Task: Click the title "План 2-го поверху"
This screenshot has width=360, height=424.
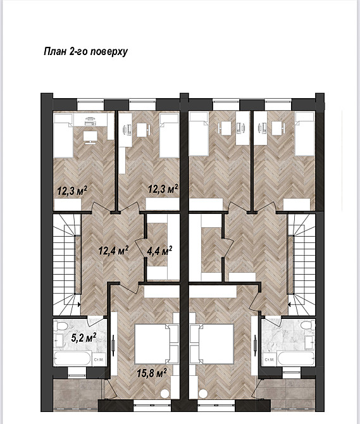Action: point(85,51)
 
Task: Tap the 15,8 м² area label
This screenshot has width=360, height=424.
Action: point(152,373)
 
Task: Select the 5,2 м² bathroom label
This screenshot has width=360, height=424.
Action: point(84,337)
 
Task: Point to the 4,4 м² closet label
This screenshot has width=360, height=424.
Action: point(159,251)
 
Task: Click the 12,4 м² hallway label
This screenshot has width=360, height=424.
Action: point(113,250)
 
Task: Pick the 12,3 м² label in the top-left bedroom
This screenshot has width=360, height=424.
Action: point(72,190)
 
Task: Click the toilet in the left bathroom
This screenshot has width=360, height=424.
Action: point(59,326)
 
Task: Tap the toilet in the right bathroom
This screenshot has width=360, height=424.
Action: point(308,325)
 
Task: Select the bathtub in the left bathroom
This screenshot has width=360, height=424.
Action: point(72,358)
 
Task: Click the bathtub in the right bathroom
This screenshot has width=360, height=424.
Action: point(295,359)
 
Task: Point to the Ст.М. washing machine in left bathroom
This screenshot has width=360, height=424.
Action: point(99,359)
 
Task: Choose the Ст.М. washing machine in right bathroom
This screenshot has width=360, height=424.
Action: point(270,359)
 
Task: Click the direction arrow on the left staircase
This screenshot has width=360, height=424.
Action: point(79,304)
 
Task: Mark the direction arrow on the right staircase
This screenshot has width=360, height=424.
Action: point(289,304)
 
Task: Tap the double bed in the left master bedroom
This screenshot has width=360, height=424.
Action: point(152,344)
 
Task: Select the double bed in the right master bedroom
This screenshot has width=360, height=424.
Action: point(216,344)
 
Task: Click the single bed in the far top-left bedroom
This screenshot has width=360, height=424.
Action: point(63,135)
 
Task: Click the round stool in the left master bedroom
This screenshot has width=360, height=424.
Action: point(164,394)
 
